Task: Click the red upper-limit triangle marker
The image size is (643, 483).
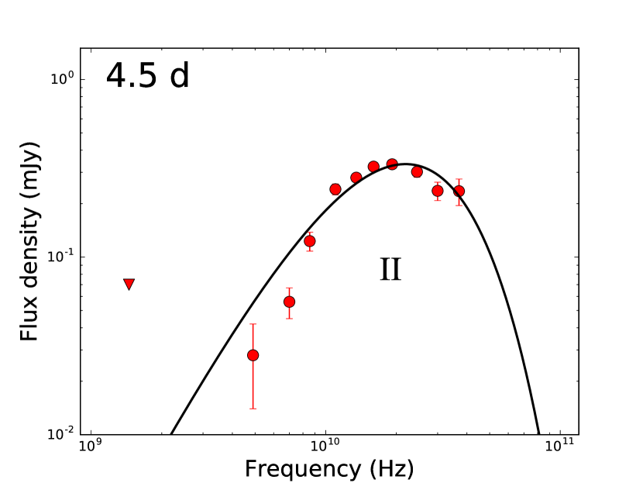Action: click(x=129, y=285)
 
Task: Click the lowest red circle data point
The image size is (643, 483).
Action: click(x=253, y=355)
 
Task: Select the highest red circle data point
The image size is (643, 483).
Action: click(x=392, y=164)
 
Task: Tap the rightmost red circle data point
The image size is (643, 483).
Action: click(x=459, y=191)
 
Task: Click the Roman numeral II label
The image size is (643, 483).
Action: click(x=390, y=269)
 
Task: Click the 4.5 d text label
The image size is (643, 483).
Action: click(x=147, y=77)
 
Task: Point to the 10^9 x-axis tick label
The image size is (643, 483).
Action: click(x=91, y=448)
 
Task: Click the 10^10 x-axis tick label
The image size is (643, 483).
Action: click(x=325, y=448)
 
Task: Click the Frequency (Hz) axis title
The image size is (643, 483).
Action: click(x=329, y=469)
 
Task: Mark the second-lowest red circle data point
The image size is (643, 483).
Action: click(x=289, y=302)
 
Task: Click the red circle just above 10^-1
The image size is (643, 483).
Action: click(x=310, y=241)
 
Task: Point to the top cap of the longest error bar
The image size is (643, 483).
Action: click(x=253, y=324)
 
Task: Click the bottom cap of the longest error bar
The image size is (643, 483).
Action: click(x=253, y=409)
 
